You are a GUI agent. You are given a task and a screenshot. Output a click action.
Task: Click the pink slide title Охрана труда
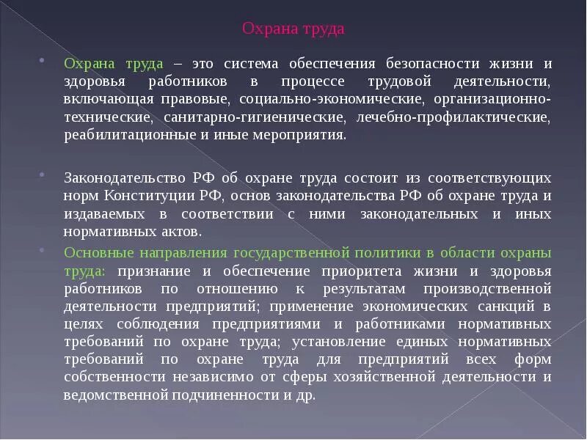click(x=293, y=29)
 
